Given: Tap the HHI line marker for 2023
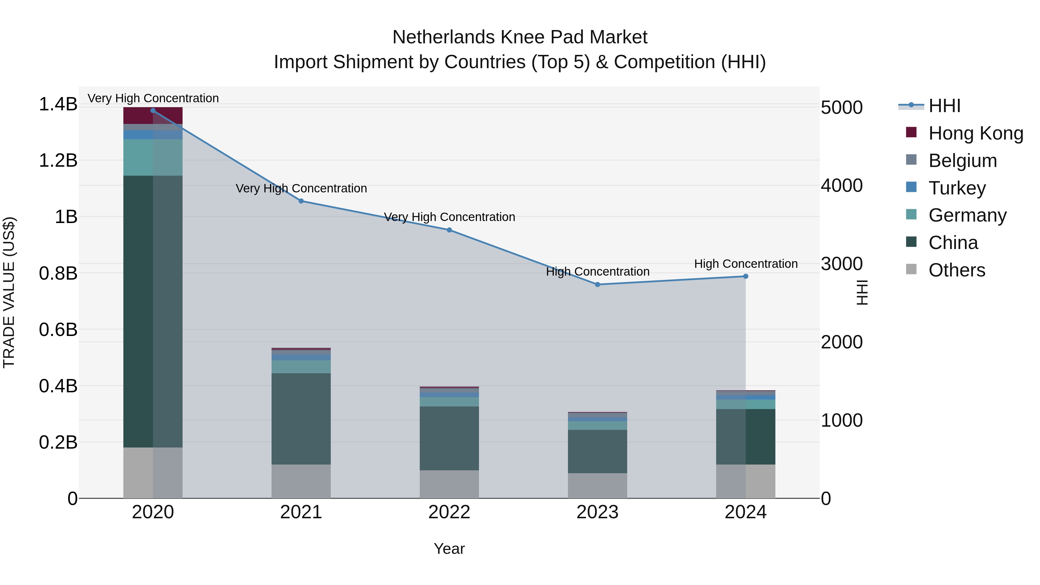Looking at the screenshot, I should [597, 285].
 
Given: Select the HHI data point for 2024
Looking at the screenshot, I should [746, 276].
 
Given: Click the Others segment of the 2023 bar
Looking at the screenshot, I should [597, 486].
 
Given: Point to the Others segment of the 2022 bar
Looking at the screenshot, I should [449, 484].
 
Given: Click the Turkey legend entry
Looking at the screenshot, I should [957, 188].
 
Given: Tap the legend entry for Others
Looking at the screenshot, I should [957, 270].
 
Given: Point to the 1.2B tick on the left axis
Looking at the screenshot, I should [58, 161].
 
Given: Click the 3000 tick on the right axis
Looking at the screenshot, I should [842, 264].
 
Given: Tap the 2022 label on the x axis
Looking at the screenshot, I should [449, 512].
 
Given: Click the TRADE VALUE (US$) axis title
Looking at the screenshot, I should [9, 292].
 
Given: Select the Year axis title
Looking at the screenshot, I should [449, 549].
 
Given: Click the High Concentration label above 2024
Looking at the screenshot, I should [746, 264].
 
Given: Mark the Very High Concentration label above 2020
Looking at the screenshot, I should [153, 98].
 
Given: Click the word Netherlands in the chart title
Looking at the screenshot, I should [444, 37].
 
